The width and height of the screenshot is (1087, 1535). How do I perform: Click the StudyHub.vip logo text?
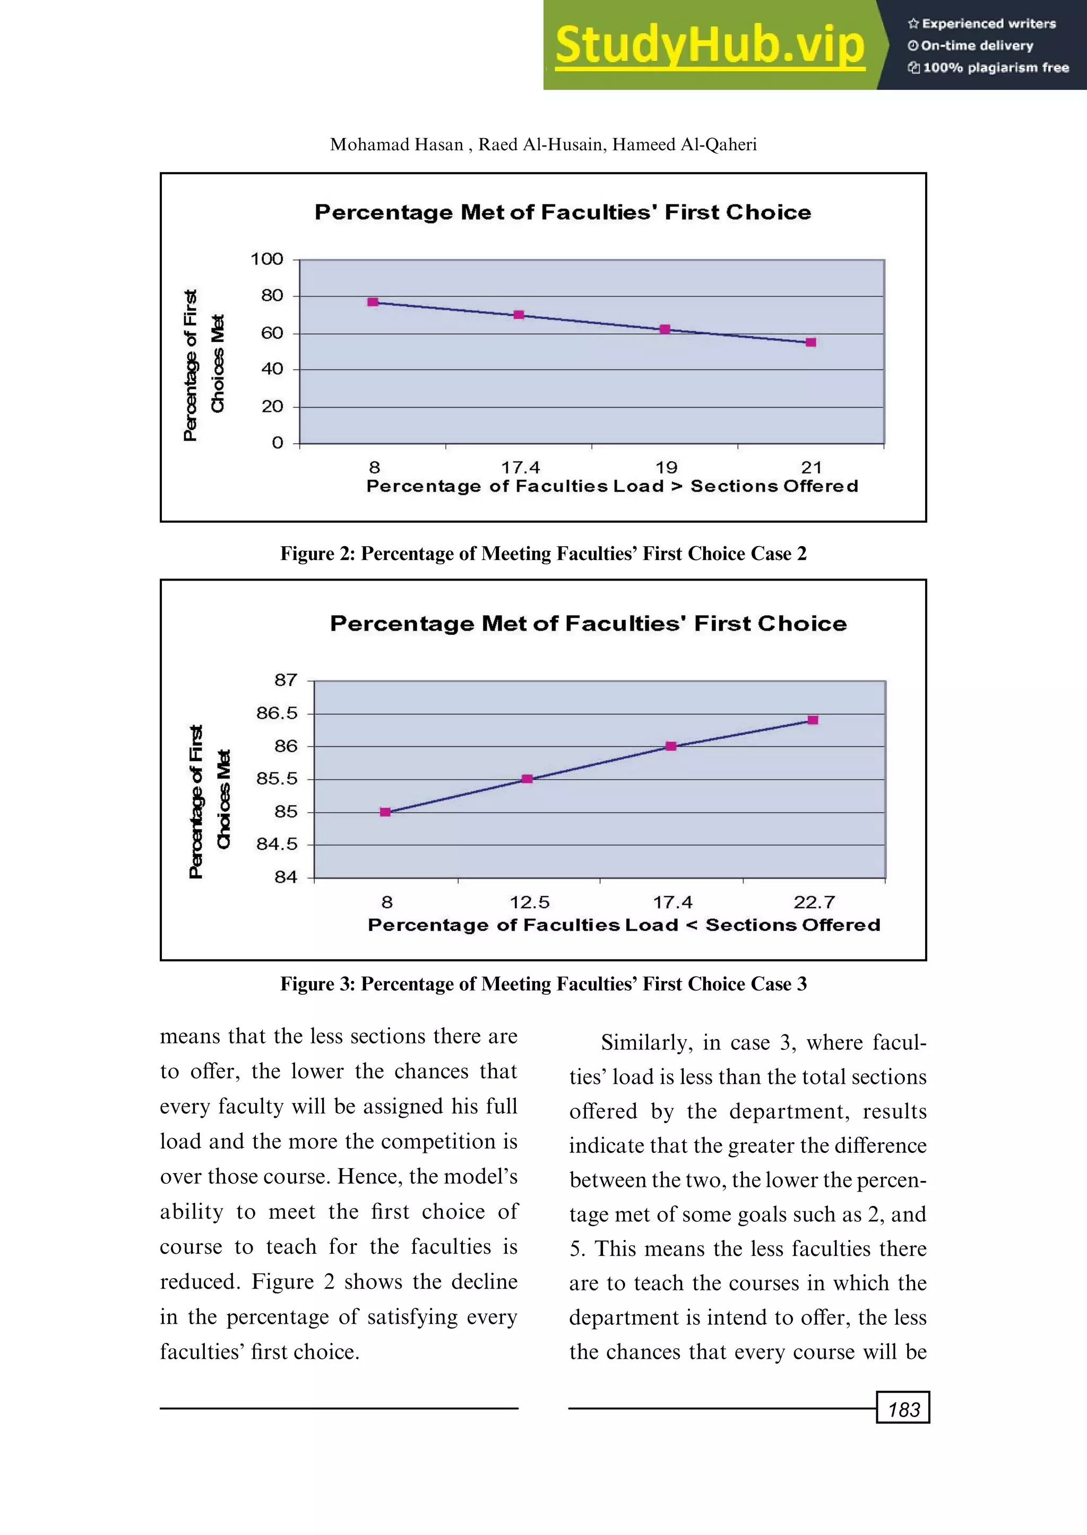[710, 45]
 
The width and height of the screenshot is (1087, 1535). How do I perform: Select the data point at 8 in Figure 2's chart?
[373, 303]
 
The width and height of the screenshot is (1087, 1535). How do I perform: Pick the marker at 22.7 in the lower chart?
[813, 720]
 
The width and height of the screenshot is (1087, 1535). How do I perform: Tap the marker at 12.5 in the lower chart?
[527, 779]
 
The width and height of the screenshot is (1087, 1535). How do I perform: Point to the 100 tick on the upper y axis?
[267, 259]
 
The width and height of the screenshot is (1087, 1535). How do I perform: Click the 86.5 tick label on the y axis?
[277, 713]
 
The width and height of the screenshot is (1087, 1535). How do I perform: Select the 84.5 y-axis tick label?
[277, 844]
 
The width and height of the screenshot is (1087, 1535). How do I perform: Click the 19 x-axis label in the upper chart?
[666, 467]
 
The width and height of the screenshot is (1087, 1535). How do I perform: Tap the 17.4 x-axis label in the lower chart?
[672, 902]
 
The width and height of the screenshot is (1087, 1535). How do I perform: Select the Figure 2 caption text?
[543, 554]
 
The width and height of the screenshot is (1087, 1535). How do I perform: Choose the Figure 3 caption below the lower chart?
[543, 984]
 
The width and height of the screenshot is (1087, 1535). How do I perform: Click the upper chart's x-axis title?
[612, 486]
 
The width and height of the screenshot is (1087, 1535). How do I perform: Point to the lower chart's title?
[588, 624]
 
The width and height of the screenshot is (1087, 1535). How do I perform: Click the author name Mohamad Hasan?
[396, 144]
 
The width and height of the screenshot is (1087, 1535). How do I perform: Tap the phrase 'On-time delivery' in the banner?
[977, 46]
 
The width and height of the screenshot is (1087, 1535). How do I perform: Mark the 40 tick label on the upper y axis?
[272, 369]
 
